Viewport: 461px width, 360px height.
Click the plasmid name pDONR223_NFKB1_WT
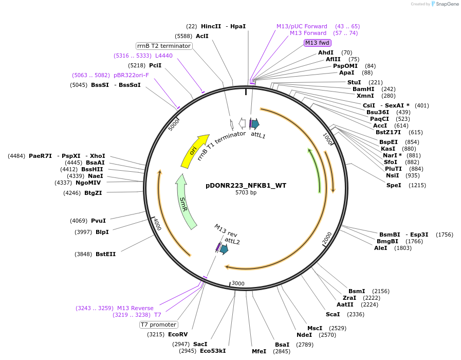coord(246,185)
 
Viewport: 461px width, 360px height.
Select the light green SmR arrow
coord(186,202)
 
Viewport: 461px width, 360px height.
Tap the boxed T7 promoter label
coord(159,325)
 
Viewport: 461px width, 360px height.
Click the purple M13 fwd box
coord(317,43)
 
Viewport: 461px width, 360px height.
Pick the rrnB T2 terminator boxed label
coord(164,46)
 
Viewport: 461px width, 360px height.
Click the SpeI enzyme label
coord(394,185)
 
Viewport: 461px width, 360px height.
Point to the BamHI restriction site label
coord(363,89)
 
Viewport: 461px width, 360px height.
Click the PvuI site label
coord(98,221)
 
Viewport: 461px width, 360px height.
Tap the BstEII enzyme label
coord(105,254)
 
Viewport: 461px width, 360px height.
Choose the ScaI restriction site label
coord(333,314)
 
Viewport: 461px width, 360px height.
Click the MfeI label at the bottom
coord(259,351)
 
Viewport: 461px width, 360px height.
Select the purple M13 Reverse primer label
coord(135,308)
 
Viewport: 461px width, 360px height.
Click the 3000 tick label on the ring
coord(238,283)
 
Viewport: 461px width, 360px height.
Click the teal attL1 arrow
coord(255,123)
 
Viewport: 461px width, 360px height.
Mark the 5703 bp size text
coord(246,193)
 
